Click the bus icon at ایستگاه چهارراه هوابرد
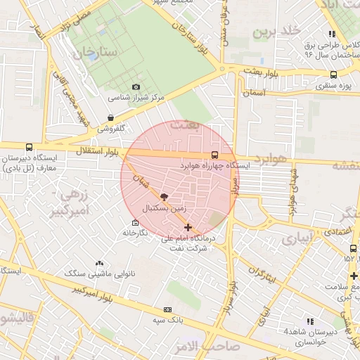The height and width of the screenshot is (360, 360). [x=214, y=155]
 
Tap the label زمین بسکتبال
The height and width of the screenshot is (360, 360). [x=165, y=209]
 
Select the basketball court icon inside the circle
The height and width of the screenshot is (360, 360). [x=165, y=198]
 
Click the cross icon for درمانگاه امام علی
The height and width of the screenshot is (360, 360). [x=188, y=227]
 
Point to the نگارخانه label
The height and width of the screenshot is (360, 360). [x=135, y=232]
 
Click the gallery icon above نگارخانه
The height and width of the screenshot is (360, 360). [x=135, y=222]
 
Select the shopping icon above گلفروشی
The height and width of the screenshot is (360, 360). [x=110, y=117]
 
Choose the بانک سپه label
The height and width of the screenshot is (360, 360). [x=167, y=320]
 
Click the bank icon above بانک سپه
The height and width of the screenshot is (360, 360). [x=167, y=309]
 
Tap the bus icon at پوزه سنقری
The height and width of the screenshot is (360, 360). [x=333, y=75]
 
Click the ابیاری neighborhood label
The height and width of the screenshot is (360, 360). [x=295, y=239]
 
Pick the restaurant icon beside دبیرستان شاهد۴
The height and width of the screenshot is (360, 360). [x=310, y=321]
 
